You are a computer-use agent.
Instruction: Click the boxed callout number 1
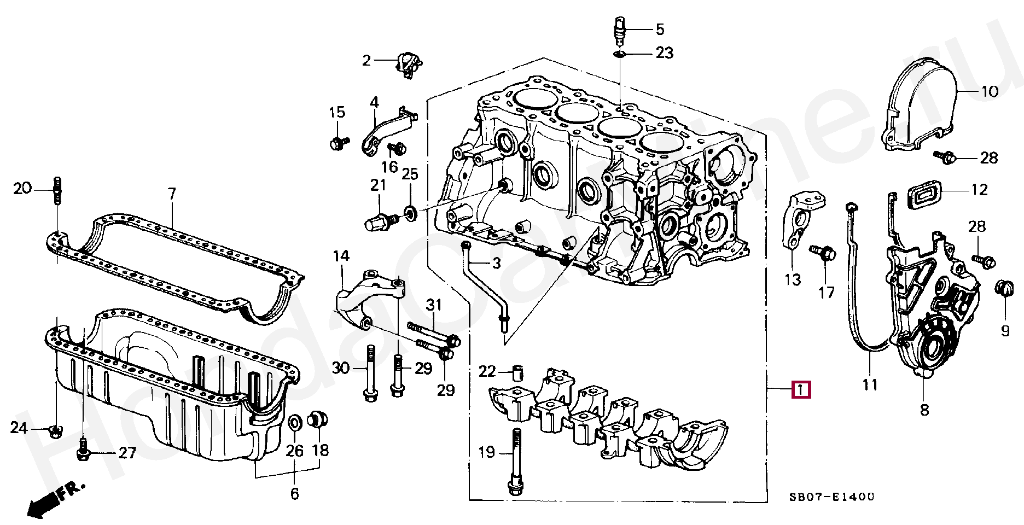point(801,389)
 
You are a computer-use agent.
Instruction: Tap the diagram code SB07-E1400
point(831,497)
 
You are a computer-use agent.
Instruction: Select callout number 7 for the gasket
point(172,194)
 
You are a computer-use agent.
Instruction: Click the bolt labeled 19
point(515,459)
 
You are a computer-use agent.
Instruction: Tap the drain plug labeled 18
point(318,419)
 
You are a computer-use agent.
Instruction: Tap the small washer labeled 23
point(620,54)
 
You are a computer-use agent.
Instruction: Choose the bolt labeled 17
point(824,254)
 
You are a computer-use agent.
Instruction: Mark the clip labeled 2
point(408,63)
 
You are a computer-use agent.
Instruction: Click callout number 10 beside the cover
point(990,91)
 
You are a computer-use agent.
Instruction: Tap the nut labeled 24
point(55,430)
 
